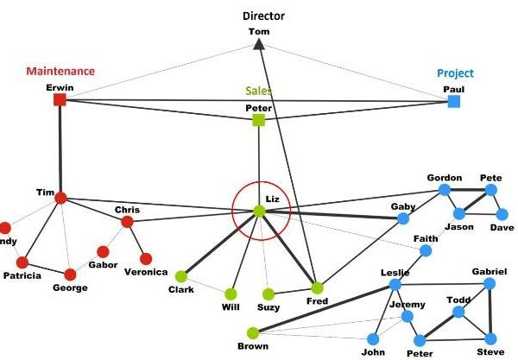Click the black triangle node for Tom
coord(259,44)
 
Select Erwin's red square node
coord(60,99)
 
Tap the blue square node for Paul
coord(454,101)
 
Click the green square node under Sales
coord(259,120)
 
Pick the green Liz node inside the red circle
coord(259,212)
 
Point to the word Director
coord(263,16)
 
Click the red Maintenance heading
coord(60,71)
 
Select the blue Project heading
coord(455,73)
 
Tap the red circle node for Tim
coord(60,199)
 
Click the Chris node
coord(127,222)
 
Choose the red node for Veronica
coord(146,259)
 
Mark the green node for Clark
coord(181,277)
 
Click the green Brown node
coord(253,333)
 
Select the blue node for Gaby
coord(402,218)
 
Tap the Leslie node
coord(395,284)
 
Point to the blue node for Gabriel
coord(490,284)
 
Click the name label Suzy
coord(268,307)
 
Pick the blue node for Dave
coord(502,215)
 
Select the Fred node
coord(317,288)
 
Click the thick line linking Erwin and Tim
coord(60,148)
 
